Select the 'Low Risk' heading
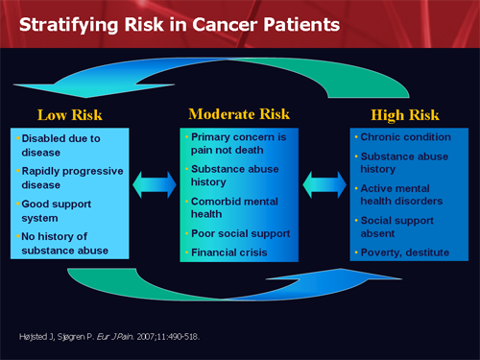[x=69, y=116]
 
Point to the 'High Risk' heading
[x=410, y=115]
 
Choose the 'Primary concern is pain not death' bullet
[x=239, y=143]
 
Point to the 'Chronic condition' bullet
[x=404, y=136]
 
